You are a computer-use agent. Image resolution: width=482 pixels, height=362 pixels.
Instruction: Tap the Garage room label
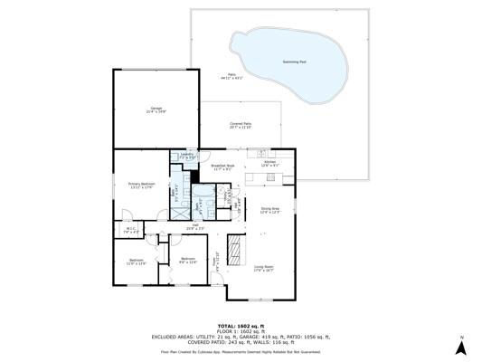click(156, 110)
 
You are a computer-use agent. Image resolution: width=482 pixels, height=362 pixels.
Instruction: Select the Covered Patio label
click(241, 125)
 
